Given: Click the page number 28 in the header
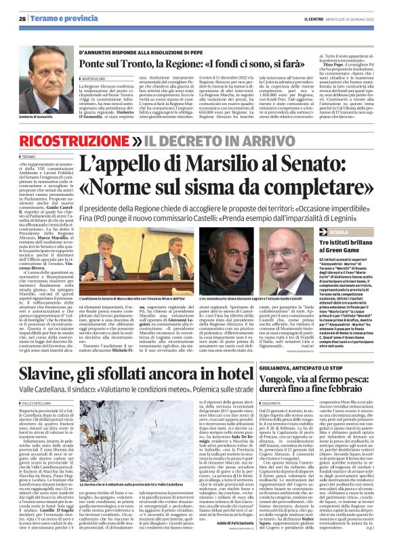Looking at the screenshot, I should [x=23, y=19].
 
